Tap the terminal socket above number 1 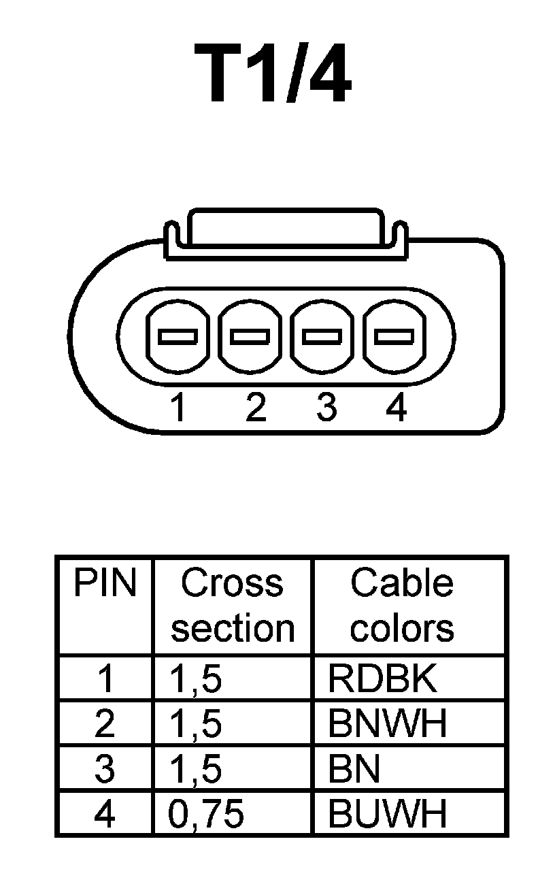pos(178,336)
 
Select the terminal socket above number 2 pos(250,336)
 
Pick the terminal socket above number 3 pos(322,336)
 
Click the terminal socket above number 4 pos(394,336)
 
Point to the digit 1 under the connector pos(178,408)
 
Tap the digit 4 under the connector pos(396,408)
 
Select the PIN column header pos(105,583)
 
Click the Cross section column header pos(233,605)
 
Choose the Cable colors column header pos(401,605)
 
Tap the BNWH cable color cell pos(387,723)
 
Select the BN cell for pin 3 pos(353,769)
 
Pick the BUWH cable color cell pos(387,813)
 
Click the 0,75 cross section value pos(205,814)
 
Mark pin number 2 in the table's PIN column pos(105,724)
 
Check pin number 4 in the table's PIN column pos(105,814)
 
